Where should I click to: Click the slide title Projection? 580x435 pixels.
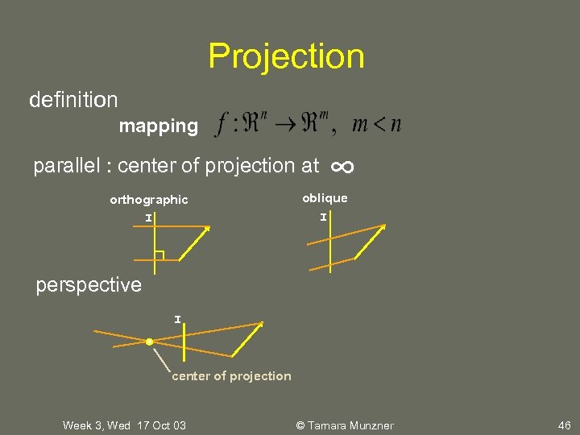point(286,56)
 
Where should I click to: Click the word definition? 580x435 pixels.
point(73,100)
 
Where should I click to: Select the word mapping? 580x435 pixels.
point(158,126)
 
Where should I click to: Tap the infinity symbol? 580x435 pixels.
point(342,167)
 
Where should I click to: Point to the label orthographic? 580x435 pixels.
point(149,200)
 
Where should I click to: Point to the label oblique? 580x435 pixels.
point(325,198)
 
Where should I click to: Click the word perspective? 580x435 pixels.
point(89,285)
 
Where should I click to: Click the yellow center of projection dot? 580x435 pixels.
point(149,342)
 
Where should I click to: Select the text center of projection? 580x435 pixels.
point(231,376)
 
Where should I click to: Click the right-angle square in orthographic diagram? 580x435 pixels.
point(159,256)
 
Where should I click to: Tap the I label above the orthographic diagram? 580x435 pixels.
point(148,217)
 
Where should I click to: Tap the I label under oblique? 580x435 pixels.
point(323,217)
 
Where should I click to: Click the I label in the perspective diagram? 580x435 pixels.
point(177,320)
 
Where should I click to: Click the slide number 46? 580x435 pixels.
point(563,425)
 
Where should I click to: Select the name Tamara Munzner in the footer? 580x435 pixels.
point(349,425)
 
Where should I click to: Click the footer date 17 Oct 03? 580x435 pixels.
point(161,425)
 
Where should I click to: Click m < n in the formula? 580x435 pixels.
point(377,125)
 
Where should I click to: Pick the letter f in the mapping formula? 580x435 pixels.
point(222,126)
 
